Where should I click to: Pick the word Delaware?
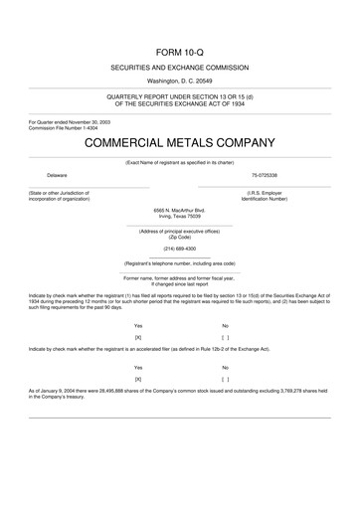pyautogui.click(x=43, y=175)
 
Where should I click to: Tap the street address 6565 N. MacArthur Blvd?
pyautogui.click(x=180, y=210)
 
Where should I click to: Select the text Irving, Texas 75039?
pyautogui.click(x=180, y=216)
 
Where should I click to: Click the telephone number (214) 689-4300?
pyautogui.click(x=180, y=248)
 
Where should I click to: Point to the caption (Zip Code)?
pyautogui.click(x=180, y=237)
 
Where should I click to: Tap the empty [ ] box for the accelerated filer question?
pyautogui.click(x=225, y=379)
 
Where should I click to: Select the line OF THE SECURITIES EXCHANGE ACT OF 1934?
pyautogui.click(x=180, y=101)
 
